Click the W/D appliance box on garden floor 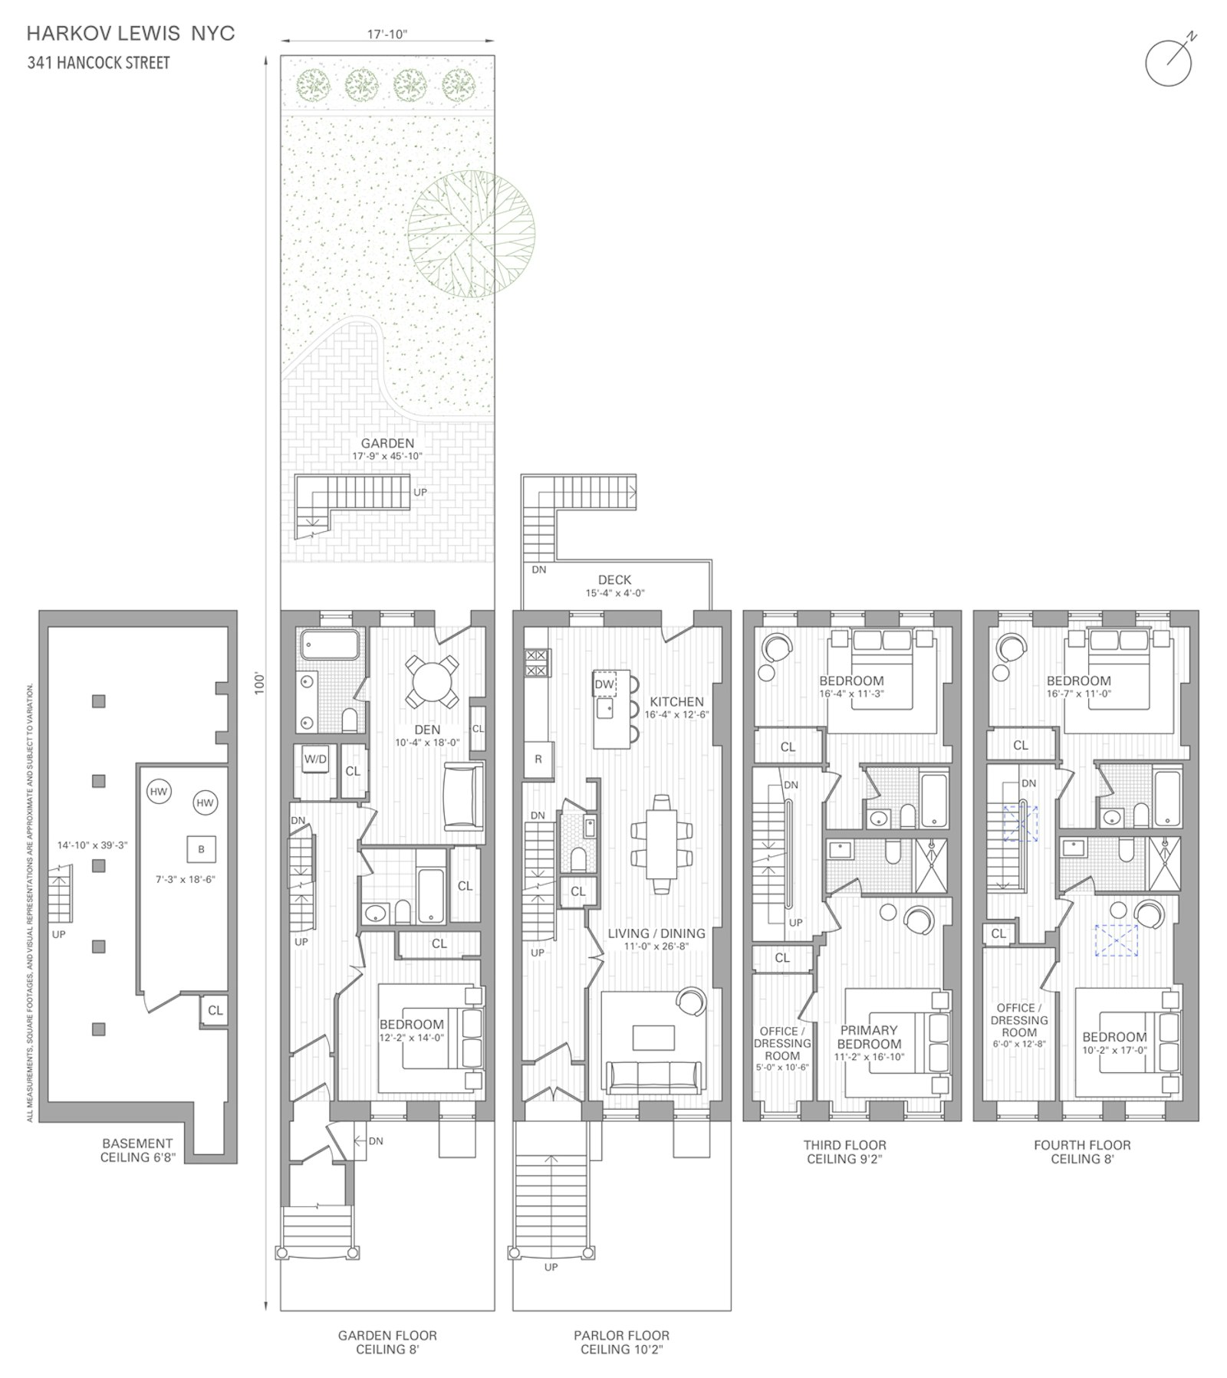[x=315, y=760]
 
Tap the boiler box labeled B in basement [x=202, y=849]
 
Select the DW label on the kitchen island [x=604, y=684]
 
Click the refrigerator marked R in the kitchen [x=538, y=760]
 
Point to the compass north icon [x=1169, y=61]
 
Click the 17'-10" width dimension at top [x=387, y=34]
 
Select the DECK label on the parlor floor [x=614, y=580]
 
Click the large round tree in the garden [x=471, y=234]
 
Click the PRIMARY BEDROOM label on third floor [x=869, y=1037]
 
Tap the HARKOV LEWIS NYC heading [x=130, y=34]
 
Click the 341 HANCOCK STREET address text [x=98, y=63]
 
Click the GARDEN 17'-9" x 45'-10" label [x=387, y=448]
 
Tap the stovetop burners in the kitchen [x=537, y=662]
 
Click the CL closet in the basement [x=215, y=1010]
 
